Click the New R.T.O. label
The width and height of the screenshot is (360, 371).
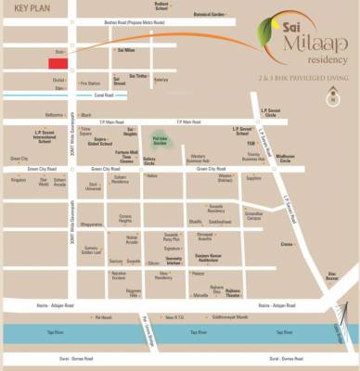tap(174, 317)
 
